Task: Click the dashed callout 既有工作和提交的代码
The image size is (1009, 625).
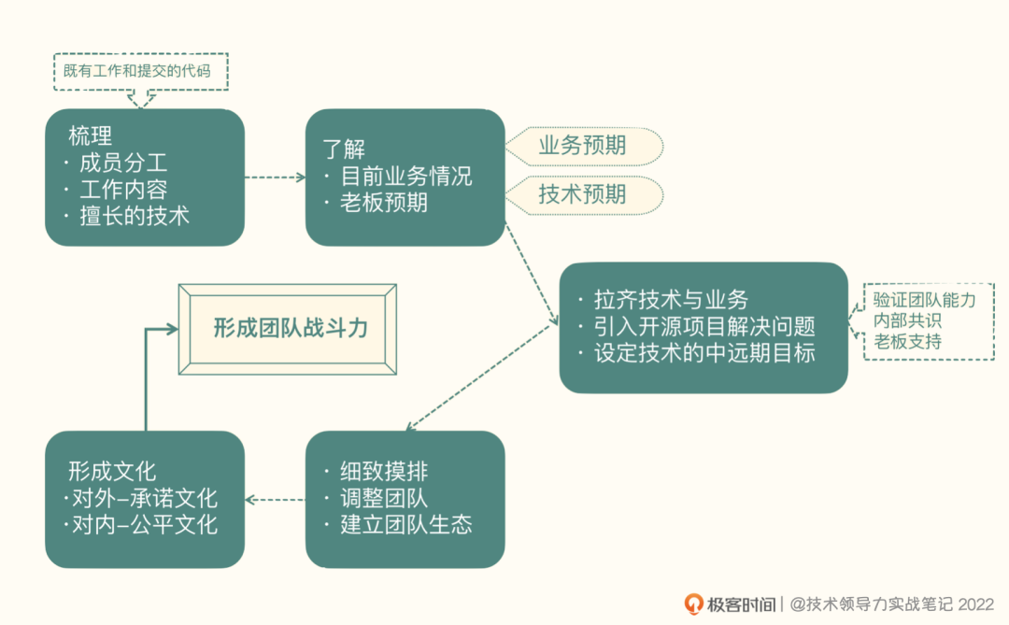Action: pyautogui.click(x=141, y=71)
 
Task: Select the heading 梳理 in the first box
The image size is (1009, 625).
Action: pyautogui.click(x=90, y=135)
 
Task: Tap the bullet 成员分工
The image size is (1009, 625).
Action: pyautogui.click(x=123, y=163)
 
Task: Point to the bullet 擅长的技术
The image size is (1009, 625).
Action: pyautogui.click(x=135, y=216)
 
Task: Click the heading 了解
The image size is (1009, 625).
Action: pyautogui.click(x=344, y=149)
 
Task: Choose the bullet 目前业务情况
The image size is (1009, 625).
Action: pyautogui.click(x=405, y=176)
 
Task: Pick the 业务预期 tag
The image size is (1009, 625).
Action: pyautogui.click(x=582, y=146)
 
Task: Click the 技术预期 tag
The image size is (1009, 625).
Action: pyautogui.click(x=582, y=194)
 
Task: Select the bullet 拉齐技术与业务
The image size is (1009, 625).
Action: pyautogui.click(x=671, y=300)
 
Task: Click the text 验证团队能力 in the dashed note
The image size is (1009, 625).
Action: pyautogui.click(x=924, y=301)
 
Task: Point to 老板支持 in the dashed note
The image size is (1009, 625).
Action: pyautogui.click(x=907, y=342)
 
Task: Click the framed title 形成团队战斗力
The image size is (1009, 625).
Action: pyautogui.click(x=290, y=328)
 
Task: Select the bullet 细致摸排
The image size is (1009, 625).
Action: pyautogui.click(x=384, y=471)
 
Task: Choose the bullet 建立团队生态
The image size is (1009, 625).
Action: pyautogui.click(x=405, y=524)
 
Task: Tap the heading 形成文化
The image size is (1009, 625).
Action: pyautogui.click(x=111, y=471)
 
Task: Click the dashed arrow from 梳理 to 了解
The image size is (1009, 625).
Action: pyautogui.click(x=275, y=177)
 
